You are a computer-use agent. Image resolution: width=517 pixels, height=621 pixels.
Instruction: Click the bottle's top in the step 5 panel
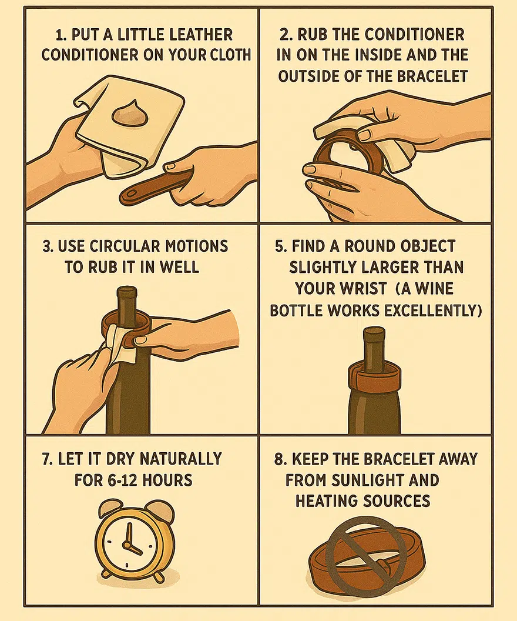tap(374, 333)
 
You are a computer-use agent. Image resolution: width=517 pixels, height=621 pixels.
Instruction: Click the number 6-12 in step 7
tap(122, 480)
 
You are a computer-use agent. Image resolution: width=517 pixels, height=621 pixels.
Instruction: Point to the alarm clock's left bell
tap(110, 509)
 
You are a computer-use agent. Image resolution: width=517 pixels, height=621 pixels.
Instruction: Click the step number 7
tap(47, 459)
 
